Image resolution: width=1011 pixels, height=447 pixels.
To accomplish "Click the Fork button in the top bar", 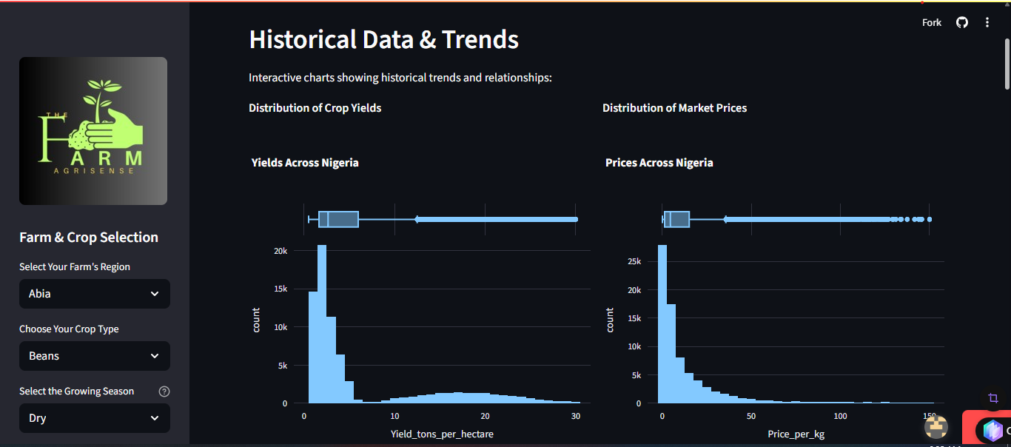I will (x=931, y=23).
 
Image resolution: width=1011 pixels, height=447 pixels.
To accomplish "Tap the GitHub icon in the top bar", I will (x=962, y=22).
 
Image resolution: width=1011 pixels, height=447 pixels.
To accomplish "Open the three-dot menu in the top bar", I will (x=987, y=22).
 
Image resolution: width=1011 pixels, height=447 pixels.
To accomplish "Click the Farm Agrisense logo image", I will (x=93, y=131).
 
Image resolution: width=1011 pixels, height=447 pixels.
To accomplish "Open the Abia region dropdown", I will (x=95, y=294).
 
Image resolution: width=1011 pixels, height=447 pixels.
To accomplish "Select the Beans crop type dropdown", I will (x=95, y=356).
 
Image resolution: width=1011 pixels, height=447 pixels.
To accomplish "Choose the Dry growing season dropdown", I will (x=95, y=418).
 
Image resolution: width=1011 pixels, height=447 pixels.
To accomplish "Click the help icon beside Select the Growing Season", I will (x=164, y=391).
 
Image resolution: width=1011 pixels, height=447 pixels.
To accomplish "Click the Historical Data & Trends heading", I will (x=383, y=39).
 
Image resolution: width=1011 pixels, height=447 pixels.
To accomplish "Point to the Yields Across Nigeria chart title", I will (x=305, y=163).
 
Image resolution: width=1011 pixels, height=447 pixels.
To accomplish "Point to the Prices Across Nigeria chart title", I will (x=659, y=163).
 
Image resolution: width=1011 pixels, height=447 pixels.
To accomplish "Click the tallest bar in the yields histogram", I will (x=322, y=324).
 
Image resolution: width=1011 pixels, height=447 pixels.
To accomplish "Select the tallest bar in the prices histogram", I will (x=662, y=324).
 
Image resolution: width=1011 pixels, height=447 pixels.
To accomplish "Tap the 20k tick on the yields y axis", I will (x=281, y=251).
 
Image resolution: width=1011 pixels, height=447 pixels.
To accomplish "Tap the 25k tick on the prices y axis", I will (x=634, y=262).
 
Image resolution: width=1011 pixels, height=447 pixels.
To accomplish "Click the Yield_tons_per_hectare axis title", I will (x=442, y=434).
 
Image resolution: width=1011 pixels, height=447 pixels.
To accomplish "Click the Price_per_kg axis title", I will (x=796, y=434).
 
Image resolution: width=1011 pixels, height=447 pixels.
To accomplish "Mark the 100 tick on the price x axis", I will (x=840, y=416).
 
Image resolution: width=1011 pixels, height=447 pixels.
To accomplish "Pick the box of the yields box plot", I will (x=338, y=219).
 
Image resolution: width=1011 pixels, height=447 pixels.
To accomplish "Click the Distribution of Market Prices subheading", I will (x=674, y=108).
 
